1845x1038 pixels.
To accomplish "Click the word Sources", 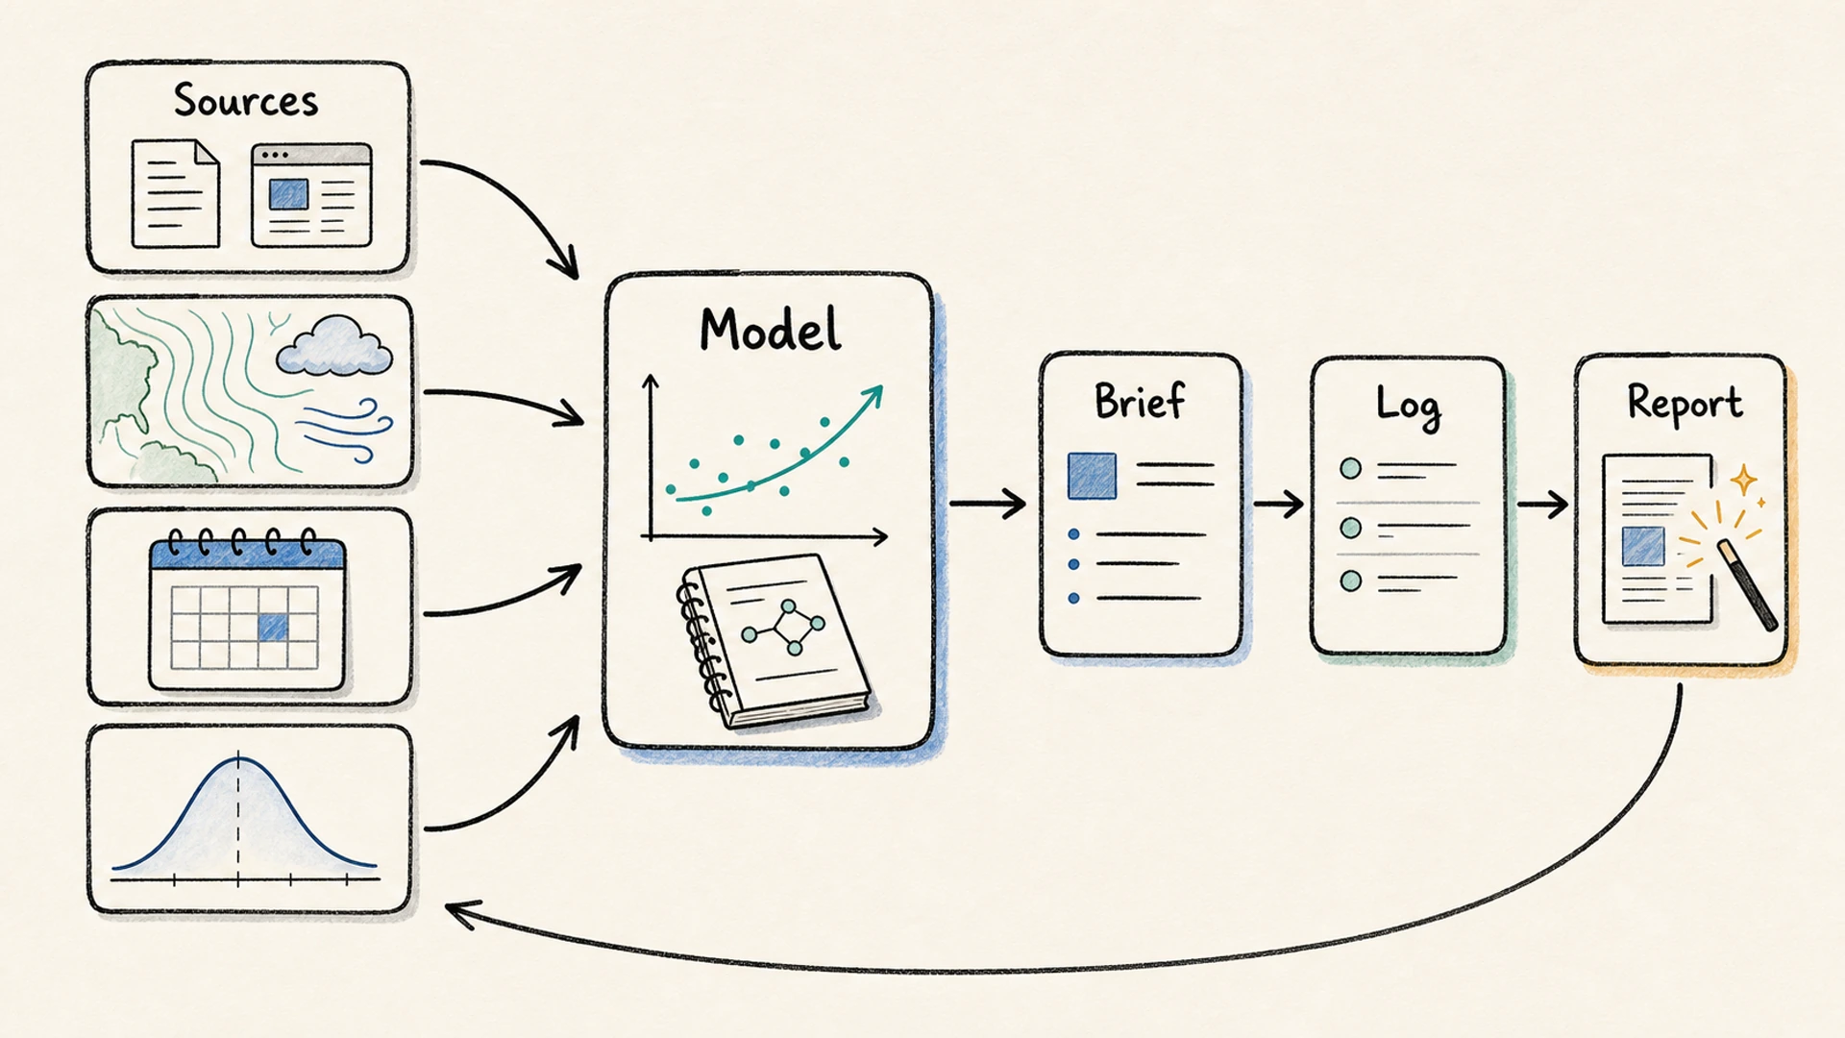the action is pyautogui.click(x=246, y=100).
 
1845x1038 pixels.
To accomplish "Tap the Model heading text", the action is pyautogui.click(x=770, y=330).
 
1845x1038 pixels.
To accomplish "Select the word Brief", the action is pyautogui.click(x=1140, y=400).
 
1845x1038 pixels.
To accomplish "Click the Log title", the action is pyautogui.click(x=1408, y=405).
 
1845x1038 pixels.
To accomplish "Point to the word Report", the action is pyautogui.click(x=1685, y=403).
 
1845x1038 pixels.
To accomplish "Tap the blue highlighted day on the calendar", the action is pyautogui.click(x=273, y=628).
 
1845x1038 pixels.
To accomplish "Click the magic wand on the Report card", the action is pyautogui.click(x=1745, y=584).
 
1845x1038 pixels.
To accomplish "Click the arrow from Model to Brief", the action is pyautogui.click(x=987, y=503).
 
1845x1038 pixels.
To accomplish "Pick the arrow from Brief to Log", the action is pyautogui.click(x=1279, y=503).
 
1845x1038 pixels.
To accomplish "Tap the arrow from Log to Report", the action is pyautogui.click(x=1543, y=504).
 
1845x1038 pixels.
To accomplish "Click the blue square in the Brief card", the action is pyautogui.click(x=1093, y=476).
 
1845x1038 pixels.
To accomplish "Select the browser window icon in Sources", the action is pyautogui.click(x=311, y=195).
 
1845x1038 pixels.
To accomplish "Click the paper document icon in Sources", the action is pyautogui.click(x=175, y=193).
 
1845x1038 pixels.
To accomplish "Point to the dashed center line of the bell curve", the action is pyautogui.click(x=238, y=818).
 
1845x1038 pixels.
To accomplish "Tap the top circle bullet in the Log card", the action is pyautogui.click(x=1350, y=469).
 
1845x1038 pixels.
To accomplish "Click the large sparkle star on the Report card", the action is pyautogui.click(x=1743, y=479).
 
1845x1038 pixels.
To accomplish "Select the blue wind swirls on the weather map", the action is pyautogui.click(x=346, y=429).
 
